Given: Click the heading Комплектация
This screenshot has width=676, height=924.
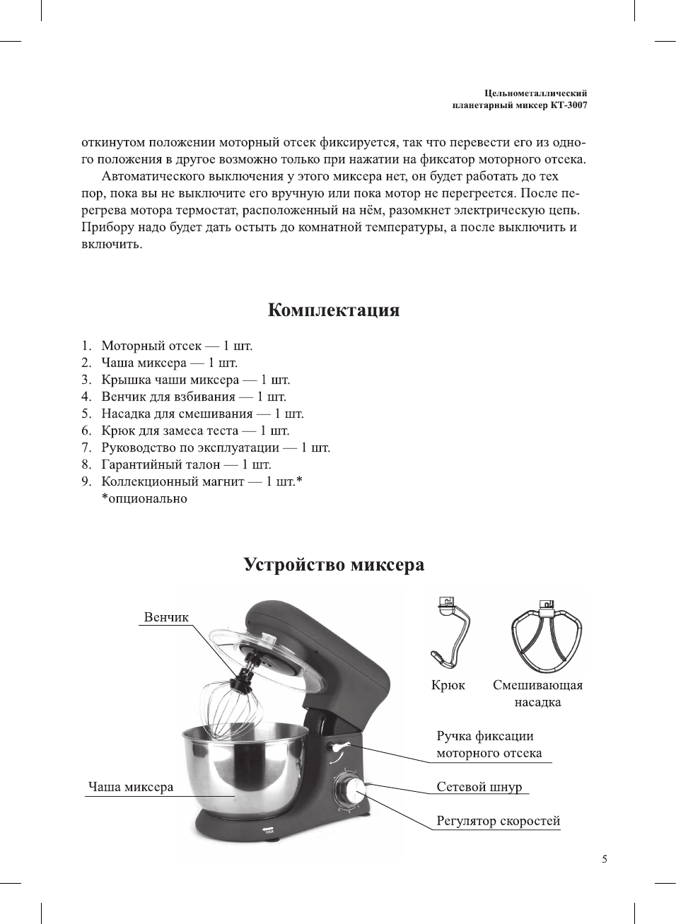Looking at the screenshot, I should [x=333, y=310].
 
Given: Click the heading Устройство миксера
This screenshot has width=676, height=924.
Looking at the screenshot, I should [x=334, y=565].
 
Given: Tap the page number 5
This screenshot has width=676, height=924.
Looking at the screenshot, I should [x=604, y=859].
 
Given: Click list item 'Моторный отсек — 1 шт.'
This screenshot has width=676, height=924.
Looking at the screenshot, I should [x=176, y=346].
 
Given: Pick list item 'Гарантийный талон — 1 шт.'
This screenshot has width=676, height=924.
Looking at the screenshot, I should [x=186, y=464].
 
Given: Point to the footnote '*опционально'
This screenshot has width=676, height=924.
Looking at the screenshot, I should [x=144, y=498].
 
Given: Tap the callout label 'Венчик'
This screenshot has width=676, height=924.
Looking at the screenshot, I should [x=166, y=617].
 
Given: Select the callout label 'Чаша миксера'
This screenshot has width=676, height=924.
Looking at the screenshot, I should [x=131, y=787].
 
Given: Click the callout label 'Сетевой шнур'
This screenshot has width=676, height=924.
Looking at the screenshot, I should [x=479, y=787].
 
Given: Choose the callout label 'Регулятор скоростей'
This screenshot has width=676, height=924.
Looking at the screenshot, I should [x=498, y=821].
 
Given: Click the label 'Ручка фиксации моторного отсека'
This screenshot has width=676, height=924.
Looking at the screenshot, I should [x=489, y=744].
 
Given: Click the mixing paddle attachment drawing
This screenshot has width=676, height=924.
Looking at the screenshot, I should [x=548, y=636].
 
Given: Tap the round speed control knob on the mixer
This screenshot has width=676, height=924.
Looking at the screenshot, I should [x=349, y=790].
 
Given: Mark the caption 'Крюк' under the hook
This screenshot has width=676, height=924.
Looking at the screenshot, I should [x=448, y=685].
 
